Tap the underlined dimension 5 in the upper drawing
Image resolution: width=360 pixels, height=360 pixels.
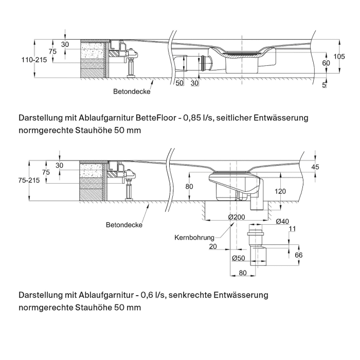(324, 84)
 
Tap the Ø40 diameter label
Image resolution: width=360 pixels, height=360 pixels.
(282, 222)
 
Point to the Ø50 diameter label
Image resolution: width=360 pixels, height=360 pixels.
(237, 258)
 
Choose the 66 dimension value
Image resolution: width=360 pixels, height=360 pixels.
(298, 255)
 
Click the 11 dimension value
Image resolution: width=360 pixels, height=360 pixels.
(293, 228)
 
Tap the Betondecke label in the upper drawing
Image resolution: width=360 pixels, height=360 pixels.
(132, 92)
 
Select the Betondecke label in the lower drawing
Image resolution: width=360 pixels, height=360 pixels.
(124, 225)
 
